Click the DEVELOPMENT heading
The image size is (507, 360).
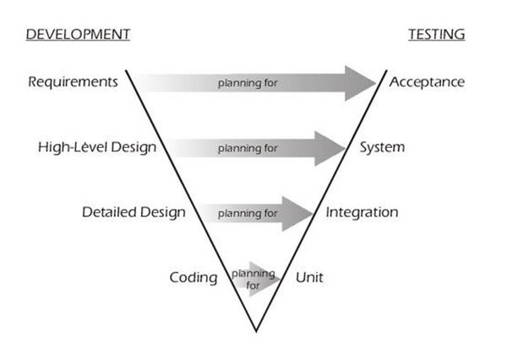coord(78,35)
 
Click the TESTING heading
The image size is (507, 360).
coord(436,35)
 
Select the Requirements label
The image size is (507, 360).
coord(73,82)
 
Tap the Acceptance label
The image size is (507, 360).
coord(427,82)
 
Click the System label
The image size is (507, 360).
coord(382,147)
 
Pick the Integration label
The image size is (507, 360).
coord(362,212)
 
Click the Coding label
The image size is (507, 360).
coord(194,277)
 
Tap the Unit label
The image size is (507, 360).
coord(309,277)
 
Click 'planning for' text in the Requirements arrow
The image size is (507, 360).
coord(248,84)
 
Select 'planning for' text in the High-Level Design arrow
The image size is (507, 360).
coord(248,149)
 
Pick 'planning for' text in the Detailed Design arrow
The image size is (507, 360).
coord(248,214)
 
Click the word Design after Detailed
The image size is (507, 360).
coord(164,212)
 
